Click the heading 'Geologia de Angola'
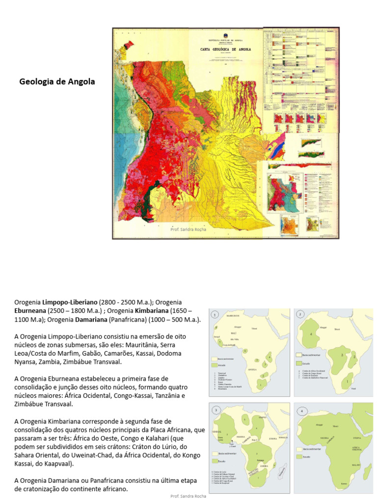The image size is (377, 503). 57,82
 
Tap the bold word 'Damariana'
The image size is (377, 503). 90,320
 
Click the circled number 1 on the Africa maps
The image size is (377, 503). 215,314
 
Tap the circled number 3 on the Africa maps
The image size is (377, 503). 215,410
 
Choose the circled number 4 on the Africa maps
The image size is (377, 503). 299,410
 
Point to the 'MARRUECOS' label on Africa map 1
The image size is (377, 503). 232,315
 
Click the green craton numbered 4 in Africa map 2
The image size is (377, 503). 312,335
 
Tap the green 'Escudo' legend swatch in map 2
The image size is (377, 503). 299,363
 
